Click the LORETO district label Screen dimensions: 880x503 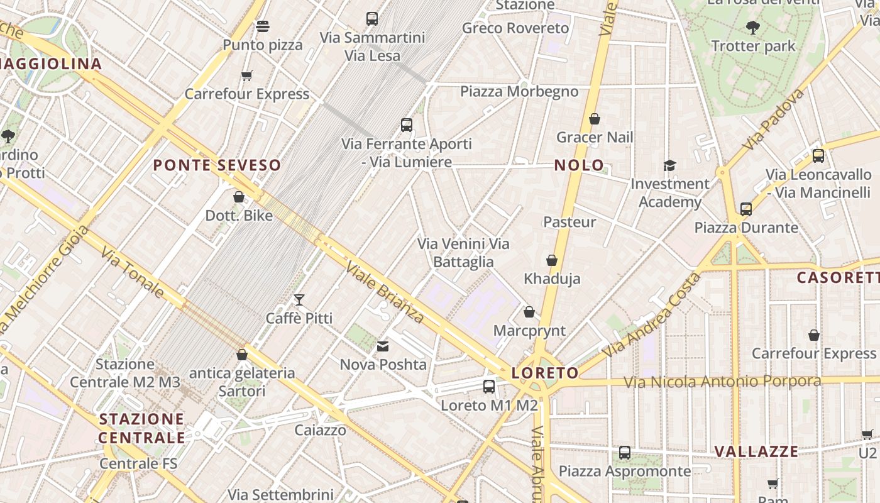coord(544,373)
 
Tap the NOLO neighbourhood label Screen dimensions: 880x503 coord(578,165)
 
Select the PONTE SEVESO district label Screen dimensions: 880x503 coord(217,165)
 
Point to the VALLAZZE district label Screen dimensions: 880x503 coord(756,451)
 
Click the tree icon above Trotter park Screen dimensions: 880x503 coord(752,28)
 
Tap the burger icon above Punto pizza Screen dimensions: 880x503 coord(263,26)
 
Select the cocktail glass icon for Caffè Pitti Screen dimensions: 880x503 coord(299,299)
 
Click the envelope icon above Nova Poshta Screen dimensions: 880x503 coord(383,346)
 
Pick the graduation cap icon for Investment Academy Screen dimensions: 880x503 coord(669,165)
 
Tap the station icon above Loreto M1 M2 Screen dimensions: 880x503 coord(489,387)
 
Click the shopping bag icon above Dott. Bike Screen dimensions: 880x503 coord(239,197)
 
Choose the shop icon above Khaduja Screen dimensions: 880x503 coord(552,260)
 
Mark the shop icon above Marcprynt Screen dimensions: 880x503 coord(529,312)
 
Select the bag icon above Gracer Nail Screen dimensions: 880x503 coord(595,119)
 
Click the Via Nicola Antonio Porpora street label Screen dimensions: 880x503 coord(722,382)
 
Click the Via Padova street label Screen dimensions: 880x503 coord(773,119)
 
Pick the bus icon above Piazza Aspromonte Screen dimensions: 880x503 coord(624,452)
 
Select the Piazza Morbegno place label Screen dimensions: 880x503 coord(519,92)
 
